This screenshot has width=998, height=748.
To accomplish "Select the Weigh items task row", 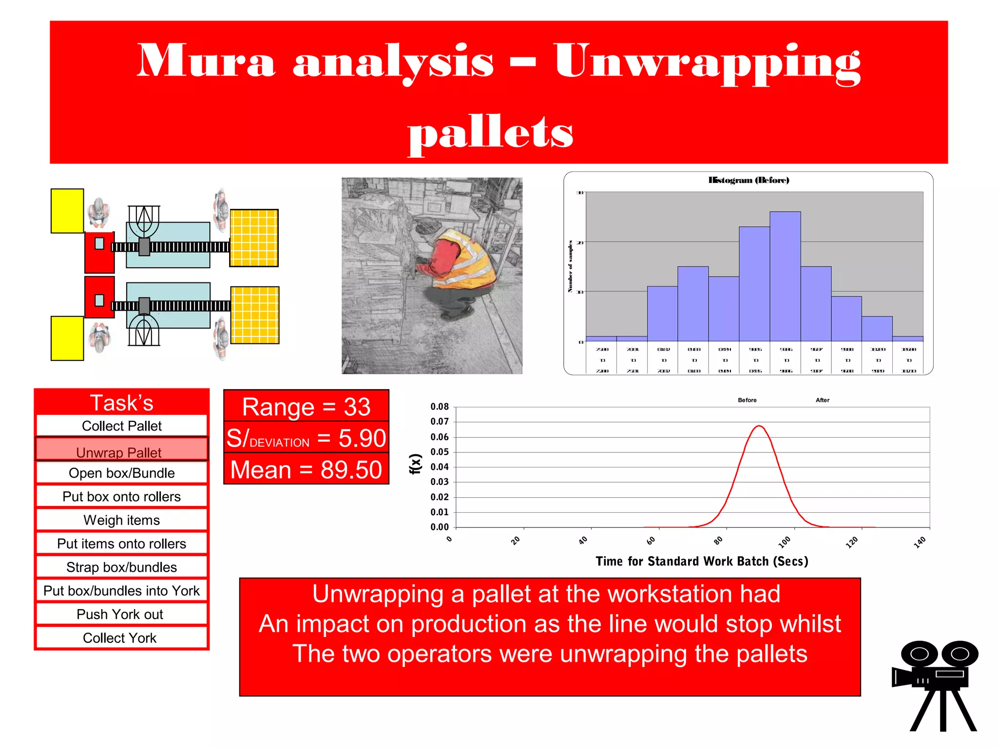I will [x=121, y=520].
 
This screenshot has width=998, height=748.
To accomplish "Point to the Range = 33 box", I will [x=306, y=407].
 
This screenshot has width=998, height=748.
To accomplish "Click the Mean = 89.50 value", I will [x=306, y=470].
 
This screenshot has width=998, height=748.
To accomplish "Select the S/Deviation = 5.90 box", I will [x=306, y=438].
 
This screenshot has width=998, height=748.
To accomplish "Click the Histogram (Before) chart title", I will [x=748, y=180].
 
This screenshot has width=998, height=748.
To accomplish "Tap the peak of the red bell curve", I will [x=759, y=426].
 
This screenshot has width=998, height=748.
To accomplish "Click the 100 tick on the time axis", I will [x=785, y=542].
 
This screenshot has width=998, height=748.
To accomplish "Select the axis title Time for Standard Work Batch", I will [x=702, y=561].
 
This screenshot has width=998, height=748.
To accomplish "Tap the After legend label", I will [x=822, y=400].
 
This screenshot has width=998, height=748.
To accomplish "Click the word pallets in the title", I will [x=490, y=132].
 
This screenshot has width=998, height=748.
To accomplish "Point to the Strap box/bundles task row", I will [x=121, y=567].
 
